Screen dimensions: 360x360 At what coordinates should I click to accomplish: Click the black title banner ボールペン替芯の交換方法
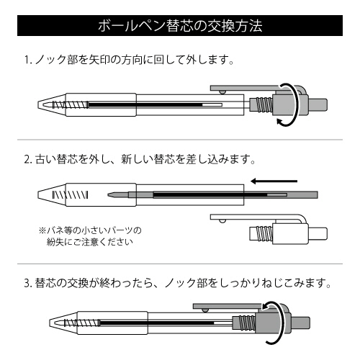tap(180, 25)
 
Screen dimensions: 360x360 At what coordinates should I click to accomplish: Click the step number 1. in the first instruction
tap(28, 60)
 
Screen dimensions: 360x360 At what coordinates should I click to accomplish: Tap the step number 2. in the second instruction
tap(28, 160)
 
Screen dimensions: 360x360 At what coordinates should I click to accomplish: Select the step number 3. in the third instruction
tap(28, 284)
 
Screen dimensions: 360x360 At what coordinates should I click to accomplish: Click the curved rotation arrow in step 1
tap(297, 105)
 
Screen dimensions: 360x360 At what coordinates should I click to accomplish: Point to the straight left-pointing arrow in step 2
tap(274, 181)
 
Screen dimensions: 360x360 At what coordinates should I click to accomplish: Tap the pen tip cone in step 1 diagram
tap(52, 105)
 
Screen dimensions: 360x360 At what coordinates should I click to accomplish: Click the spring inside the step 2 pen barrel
tap(70, 195)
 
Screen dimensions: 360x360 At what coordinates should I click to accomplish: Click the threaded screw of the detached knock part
tap(265, 233)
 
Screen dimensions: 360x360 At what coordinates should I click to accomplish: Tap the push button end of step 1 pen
tap(318, 105)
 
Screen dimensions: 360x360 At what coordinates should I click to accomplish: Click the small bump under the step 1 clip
tap(222, 92)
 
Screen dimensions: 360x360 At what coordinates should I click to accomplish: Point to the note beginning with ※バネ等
tap(90, 236)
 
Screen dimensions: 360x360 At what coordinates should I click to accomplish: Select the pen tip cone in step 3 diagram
tap(63, 323)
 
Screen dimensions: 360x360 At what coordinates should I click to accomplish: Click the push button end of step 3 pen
tap(300, 323)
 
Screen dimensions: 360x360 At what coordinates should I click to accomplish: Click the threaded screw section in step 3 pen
tap(247, 323)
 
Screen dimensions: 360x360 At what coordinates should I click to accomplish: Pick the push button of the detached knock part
tap(318, 233)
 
